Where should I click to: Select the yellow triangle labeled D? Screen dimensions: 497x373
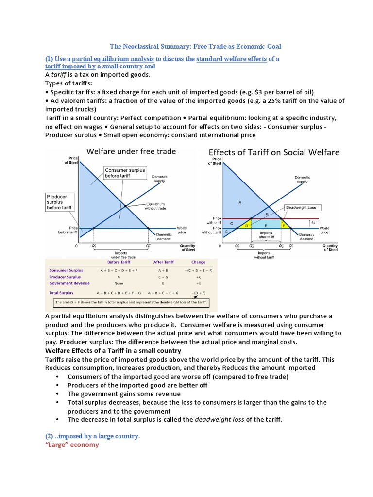tap(246, 225)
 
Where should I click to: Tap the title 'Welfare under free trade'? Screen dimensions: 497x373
tap(131, 151)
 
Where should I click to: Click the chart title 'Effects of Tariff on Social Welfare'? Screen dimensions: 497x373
tap(274, 152)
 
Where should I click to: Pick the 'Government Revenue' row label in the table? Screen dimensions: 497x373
tap(68, 283)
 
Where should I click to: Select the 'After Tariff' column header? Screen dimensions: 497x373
tap(163, 262)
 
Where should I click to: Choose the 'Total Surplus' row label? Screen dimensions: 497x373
tap(61, 293)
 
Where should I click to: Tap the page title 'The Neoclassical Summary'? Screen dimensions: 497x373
tap(196, 46)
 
